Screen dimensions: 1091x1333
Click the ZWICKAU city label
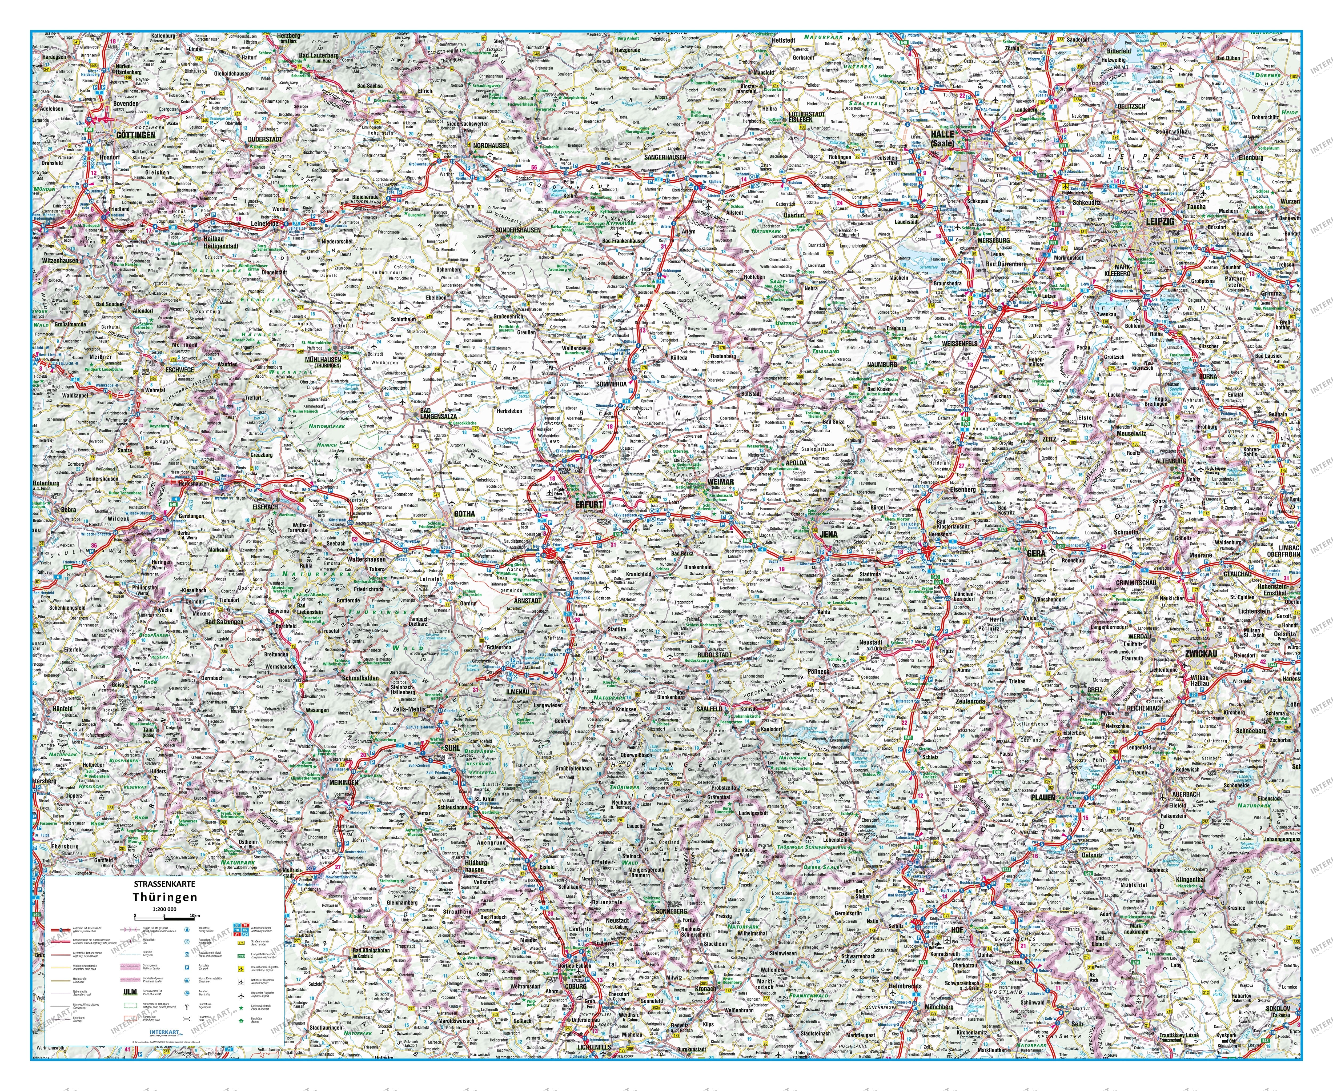[x=1201, y=654]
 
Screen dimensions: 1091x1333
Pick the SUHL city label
[x=452, y=749]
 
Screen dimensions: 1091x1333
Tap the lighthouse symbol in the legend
[x=187, y=1007]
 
